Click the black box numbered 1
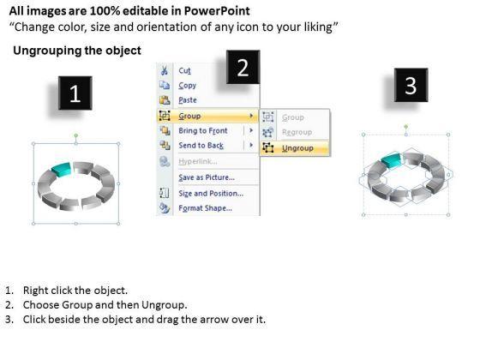click(x=75, y=93)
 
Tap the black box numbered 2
click(x=243, y=67)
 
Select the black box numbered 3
click(x=411, y=85)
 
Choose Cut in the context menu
click(x=184, y=70)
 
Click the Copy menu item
click(x=187, y=86)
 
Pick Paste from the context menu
click(x=188, y=100)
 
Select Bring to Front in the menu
click(x=203, y=130)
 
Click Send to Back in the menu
click(x=201, y=146)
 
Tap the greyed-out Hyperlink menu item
click(x=198, y=161)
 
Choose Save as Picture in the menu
click(x=207, y=177)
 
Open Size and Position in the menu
click(x=211, y=193)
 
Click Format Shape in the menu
click(x=205, y=208)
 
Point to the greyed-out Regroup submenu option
click(x=297, y=132)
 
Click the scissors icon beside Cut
click(x=165, y=70)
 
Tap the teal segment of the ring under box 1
click(x=62, y=170)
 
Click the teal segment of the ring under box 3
click(x=392, y=159)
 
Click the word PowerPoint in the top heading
click(x=217, y=11)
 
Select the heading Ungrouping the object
click(x=77, y=51)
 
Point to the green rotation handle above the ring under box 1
click(x=76, y=135)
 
